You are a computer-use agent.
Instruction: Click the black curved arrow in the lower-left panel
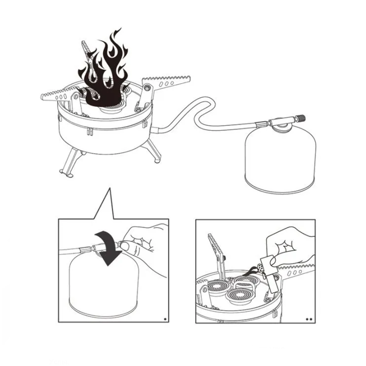click(x=108, y=247)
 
